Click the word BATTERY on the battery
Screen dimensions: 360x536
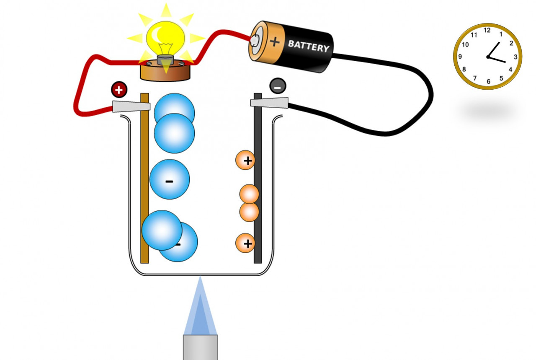click(309, 46)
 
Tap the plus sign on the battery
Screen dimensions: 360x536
click(275, 41)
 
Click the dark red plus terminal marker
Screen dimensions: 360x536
click(119, 90)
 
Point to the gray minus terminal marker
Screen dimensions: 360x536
click(278, 86)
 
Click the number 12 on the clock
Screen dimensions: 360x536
click(487, 30)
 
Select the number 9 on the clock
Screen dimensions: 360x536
click(460, 57)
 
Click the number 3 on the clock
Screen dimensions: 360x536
click(515, 57)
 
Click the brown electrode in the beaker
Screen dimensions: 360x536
click(144, 189)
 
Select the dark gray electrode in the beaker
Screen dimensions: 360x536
click(258, 189)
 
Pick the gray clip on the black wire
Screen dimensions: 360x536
click(270, 102)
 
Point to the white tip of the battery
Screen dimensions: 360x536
click(255, 40)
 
